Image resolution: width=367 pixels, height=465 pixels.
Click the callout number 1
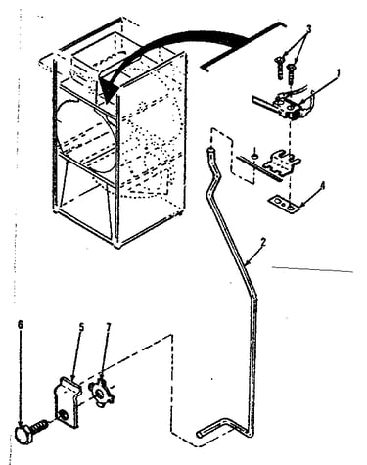[338, 72]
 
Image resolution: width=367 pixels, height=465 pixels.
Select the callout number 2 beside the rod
[263, 242]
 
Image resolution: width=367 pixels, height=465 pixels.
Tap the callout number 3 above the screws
[308, 29]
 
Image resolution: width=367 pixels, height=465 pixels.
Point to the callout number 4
[322, 186]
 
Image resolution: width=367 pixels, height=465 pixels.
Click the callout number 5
[81, 327]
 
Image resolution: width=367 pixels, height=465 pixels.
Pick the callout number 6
[21, 324]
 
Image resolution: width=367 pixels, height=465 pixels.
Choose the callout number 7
[109, 327]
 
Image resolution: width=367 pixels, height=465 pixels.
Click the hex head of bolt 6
[23, 435]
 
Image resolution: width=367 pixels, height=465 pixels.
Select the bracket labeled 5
[67, 401]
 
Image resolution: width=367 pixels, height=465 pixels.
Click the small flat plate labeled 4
[284, 204]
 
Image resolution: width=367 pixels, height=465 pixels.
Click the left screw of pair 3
[280, 68]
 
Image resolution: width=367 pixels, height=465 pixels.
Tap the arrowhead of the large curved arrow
[108, 90]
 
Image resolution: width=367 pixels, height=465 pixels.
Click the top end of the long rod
[210, 150]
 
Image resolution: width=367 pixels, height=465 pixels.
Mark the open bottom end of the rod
[200, 435]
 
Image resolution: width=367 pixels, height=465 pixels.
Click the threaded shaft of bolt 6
[40, 425]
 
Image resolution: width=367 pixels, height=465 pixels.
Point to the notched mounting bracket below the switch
[282, 161]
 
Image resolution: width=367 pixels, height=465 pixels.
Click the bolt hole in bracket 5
[62, 415]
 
